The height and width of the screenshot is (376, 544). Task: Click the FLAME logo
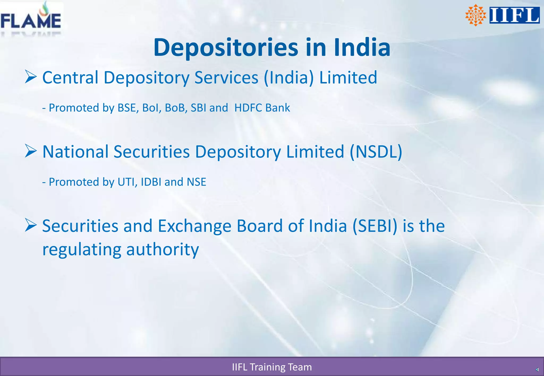click(31, 19)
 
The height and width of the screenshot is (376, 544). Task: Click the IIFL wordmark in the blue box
click(514, 15)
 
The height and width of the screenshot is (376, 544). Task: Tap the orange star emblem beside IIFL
click(475, 15)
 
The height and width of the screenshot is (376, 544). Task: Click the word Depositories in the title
click(226, 48)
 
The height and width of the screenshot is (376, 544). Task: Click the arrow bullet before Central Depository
click(31, 77)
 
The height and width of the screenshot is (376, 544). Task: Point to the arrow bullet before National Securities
click(31, 151)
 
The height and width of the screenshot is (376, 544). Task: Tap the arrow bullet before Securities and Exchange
click(31, 225)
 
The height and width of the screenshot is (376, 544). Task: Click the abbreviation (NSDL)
click(376, 152)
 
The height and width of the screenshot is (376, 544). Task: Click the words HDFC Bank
click(262, 108)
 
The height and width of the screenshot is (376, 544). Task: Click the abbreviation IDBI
click(151, 182)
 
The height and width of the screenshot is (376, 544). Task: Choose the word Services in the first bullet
click(226, 78)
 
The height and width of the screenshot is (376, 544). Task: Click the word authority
click(162, 250)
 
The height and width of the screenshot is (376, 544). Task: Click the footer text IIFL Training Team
click(272, 367)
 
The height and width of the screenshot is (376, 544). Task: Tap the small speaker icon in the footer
click(537, 370)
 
